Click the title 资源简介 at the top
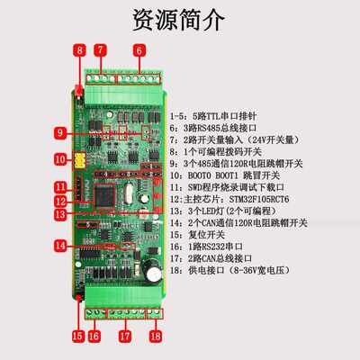click(179, 20)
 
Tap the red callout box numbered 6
click(139, 50)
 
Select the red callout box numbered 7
click(101, 50)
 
